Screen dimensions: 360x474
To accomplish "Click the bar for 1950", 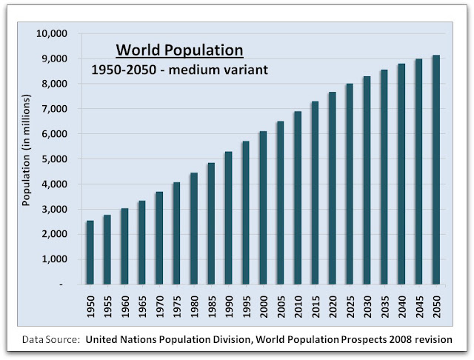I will coord(90,252).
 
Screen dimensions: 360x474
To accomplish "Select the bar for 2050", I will coord(436,170).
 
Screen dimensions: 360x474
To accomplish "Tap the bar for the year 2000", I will coord(263,207).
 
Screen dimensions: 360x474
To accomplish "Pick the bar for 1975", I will coord(176,233).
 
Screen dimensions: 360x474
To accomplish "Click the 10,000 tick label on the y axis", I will coord(53,33).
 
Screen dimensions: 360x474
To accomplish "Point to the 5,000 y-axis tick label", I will coord(55,159).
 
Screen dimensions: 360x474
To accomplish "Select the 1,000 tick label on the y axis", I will coord(55,259).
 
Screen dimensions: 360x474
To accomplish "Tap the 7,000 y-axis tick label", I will coord(55,109).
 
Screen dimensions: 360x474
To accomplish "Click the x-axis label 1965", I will coord(142,307).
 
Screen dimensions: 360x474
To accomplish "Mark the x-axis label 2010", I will coord(298,307).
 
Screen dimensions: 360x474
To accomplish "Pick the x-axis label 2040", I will coord(402,307).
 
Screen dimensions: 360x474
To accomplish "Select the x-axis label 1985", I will coord(211,307).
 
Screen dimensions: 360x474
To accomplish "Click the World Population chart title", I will coord(178,51).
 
